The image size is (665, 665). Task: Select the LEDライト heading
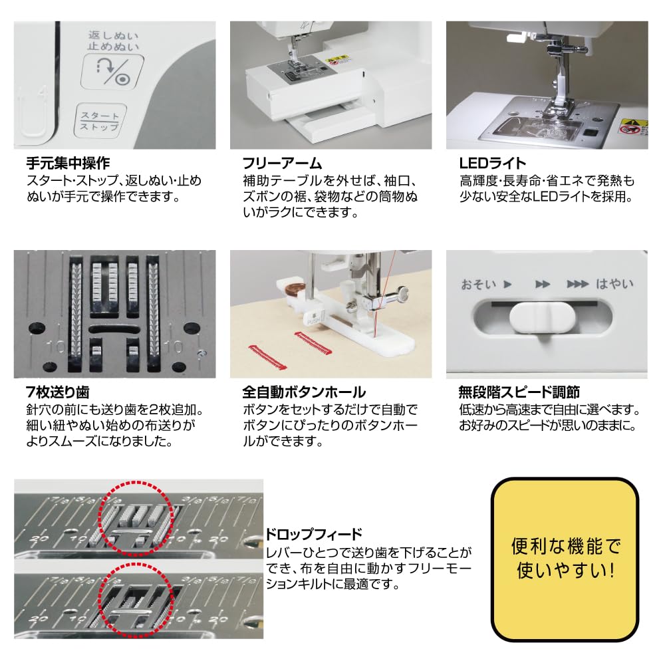point(493,163)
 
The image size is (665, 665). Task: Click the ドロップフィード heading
point(314,534)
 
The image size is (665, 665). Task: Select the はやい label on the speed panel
point(614,285)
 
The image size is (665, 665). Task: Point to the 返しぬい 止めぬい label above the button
point(107,40)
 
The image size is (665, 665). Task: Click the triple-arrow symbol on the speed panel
point(577,285)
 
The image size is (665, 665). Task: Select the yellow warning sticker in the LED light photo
point(632,126)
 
